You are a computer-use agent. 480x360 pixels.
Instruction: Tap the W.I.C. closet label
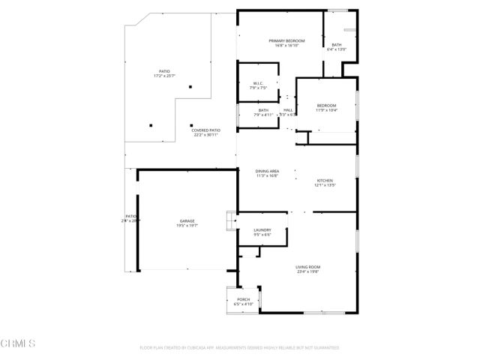click(x=258, y=83)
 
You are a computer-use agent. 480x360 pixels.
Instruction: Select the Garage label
click(x=187, y=220)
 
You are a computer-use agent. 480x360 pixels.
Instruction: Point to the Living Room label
click(x=307, y=267)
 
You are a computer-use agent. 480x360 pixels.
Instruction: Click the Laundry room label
click(x=262, y=230)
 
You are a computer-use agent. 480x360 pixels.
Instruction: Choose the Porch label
click(x=243, y=299)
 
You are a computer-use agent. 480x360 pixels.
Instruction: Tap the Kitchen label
click(x=325, y=181)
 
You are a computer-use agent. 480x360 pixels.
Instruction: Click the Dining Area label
click(x=268, y=171)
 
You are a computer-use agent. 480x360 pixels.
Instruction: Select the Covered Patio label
click(x=205, y=130)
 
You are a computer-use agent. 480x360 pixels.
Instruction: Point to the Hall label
click(x=288, y=110)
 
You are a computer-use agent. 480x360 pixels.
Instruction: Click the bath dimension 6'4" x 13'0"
click(x=337, y=50)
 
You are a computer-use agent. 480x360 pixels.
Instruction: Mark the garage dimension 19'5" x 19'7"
click(x=187, y=226)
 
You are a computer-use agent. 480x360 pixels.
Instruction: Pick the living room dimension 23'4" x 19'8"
click(x=307, y=272)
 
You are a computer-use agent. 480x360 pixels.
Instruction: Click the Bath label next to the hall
click(x=263, y=110)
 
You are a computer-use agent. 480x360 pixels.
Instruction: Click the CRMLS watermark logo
click(x=19, y=343)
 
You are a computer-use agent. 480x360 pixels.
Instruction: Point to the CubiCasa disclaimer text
click(x=239, y=348)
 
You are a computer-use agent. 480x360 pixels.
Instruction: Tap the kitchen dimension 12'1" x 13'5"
click(x=325, y=185)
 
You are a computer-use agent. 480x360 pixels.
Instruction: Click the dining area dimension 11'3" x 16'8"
click(x=268, y=175)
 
